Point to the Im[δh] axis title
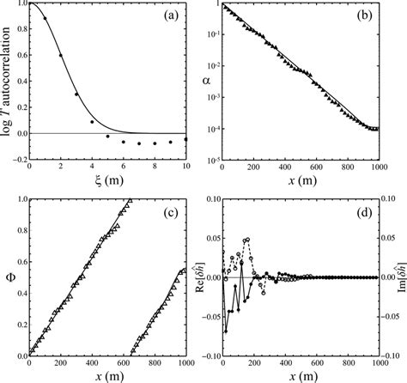[399, 277]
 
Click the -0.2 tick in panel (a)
[17, 161]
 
